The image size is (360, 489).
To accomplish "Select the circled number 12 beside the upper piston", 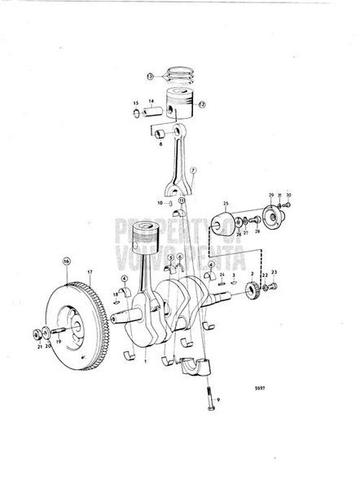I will (x=202, y=104).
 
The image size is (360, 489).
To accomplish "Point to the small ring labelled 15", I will (x=136, y=104).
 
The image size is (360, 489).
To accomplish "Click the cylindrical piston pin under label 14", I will (x=152, y=109).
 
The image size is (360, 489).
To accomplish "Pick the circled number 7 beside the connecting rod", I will (x=194, y=170).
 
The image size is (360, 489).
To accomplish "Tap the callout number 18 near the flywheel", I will (x=116, y=294).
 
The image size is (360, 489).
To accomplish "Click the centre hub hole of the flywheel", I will (x=71, y=320).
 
